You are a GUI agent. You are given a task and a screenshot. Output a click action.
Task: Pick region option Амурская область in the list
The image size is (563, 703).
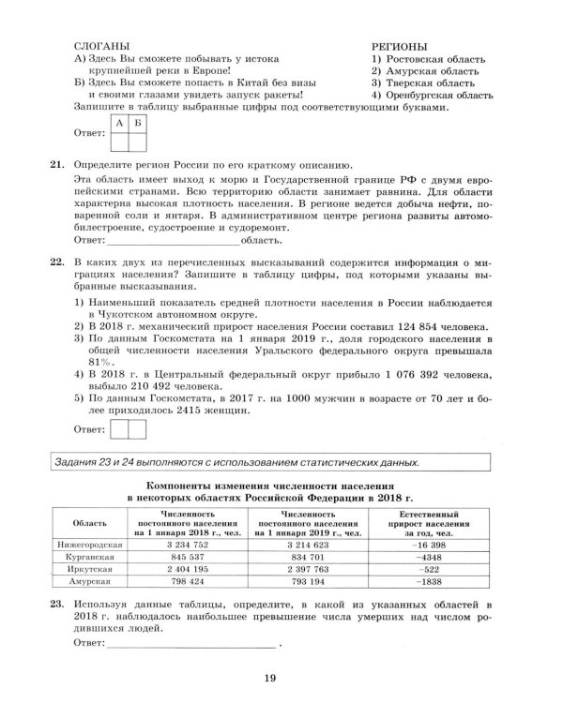(425, 70)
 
